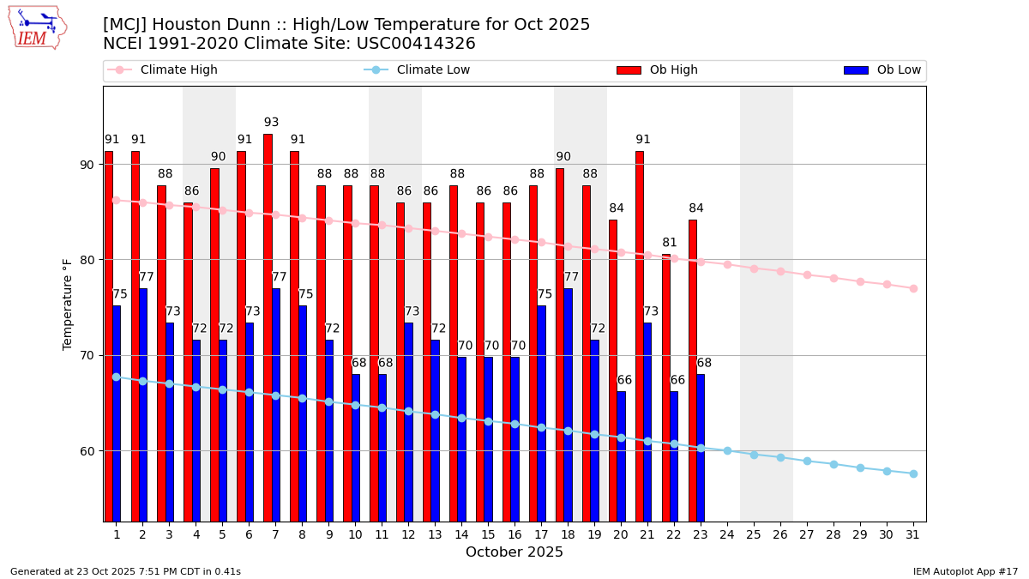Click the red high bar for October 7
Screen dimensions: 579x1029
point(268,326)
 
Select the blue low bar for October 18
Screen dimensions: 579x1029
point(568,403)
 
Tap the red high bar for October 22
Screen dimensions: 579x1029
point(666,386)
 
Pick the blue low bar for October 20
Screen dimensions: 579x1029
point(621,455)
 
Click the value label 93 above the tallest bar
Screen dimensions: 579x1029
point(271,123)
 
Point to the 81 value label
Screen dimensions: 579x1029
point(670,243)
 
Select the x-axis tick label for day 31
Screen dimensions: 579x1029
point(913,534)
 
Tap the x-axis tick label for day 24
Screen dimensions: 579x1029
point(727,534)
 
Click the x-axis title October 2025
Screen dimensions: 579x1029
point(514,552)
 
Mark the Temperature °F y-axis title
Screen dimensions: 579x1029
point(69,304)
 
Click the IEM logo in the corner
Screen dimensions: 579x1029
point(38,27)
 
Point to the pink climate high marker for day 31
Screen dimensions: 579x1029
point(913,288)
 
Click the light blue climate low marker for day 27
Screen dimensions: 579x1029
point(807,461)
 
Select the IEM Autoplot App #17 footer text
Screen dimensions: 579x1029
point(965,571)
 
